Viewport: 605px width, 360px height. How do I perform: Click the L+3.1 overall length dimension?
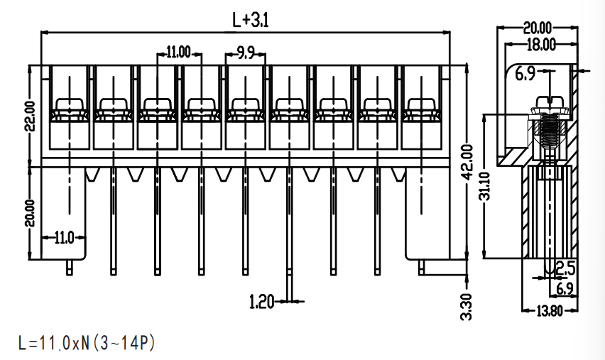pos(250,19)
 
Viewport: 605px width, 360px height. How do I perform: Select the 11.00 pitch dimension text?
pos(178,52)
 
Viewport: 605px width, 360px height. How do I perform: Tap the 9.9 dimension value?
pos(246,53)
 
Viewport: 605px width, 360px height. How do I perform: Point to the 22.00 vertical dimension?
pos(30,116)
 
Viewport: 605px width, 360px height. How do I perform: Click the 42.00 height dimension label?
pos(467,162)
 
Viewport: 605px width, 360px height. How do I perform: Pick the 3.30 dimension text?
pos(467,307)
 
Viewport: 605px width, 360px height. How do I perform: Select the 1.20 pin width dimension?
pos(261,301)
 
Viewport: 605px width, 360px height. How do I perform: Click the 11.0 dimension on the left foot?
pos(64,238)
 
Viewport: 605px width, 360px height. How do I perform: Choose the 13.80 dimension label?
pos(550,311)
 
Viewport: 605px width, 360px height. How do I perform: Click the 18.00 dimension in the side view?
pos(541,45)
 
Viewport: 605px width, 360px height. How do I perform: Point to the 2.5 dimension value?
pos(566,268)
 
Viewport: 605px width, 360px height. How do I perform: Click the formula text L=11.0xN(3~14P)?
pos(87,343)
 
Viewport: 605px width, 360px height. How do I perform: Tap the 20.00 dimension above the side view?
pos(538,28)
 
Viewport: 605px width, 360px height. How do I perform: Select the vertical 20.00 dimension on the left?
pos(30,213)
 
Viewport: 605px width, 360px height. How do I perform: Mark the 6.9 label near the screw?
pos(525,74)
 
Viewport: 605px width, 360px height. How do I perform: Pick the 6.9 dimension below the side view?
pos(565,288)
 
